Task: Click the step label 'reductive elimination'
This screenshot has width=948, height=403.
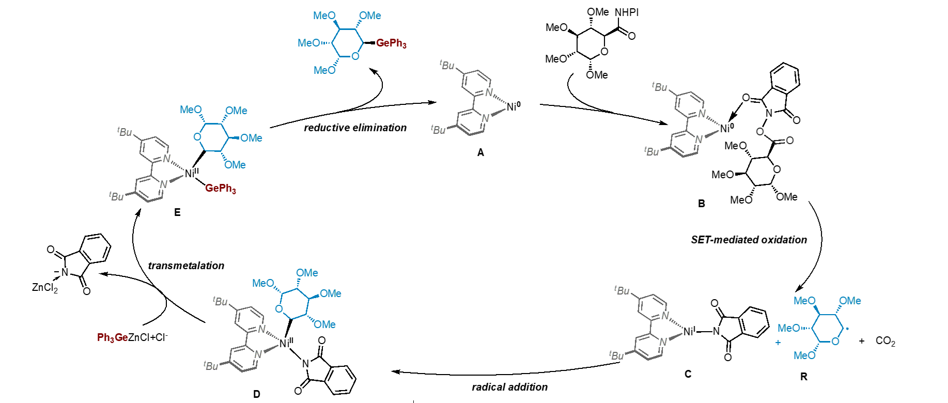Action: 355,128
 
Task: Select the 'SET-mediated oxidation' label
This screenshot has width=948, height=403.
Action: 749,240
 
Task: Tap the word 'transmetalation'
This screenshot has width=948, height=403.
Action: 186,266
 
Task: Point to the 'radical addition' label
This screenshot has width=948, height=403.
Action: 509,387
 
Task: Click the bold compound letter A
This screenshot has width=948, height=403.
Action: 480,152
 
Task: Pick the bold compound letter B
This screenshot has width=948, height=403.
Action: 701,204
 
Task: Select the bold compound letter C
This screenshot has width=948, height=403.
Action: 688,374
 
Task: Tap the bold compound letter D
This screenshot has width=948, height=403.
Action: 257,394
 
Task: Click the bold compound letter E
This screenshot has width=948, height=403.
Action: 177,212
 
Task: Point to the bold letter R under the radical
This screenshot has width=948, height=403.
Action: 803,377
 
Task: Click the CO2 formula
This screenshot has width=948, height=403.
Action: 885,341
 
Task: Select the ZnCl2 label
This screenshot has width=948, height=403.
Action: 45,287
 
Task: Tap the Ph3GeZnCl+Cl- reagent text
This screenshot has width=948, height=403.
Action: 132,337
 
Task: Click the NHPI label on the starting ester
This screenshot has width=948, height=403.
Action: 626,12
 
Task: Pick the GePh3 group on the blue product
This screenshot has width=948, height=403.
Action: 391,43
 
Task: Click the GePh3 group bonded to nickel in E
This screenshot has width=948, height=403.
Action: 220,189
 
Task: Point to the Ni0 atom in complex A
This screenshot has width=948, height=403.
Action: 513,106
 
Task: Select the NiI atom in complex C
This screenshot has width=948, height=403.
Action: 689,331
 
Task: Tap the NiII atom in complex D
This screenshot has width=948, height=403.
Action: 286,343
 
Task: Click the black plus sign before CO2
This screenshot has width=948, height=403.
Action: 861,341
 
